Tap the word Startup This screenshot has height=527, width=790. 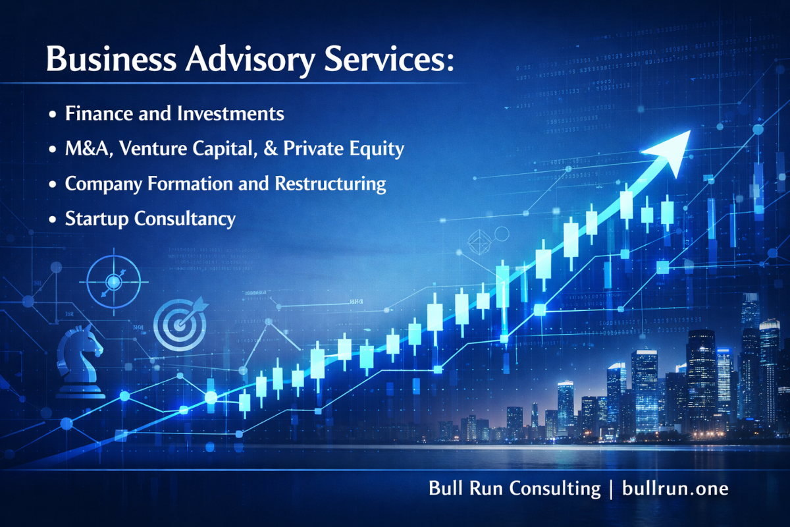97,219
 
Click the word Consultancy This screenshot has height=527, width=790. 184,219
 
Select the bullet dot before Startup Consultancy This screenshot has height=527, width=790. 53,220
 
